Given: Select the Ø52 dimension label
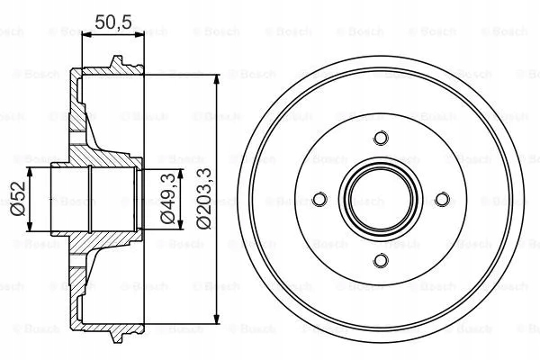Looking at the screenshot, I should (x=15, y=198).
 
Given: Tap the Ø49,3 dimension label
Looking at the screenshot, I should (x=166, y=198).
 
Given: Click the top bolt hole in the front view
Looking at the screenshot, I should (x=381, y=138).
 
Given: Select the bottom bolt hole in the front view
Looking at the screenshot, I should (x=381, y=261).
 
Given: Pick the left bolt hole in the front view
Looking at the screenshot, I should (x=319, y=199).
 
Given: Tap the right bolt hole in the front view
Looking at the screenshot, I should (x=442, y=199).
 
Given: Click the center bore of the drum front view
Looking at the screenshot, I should (x=381, y=199).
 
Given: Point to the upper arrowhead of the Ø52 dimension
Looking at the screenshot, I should (x=31, y=170).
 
